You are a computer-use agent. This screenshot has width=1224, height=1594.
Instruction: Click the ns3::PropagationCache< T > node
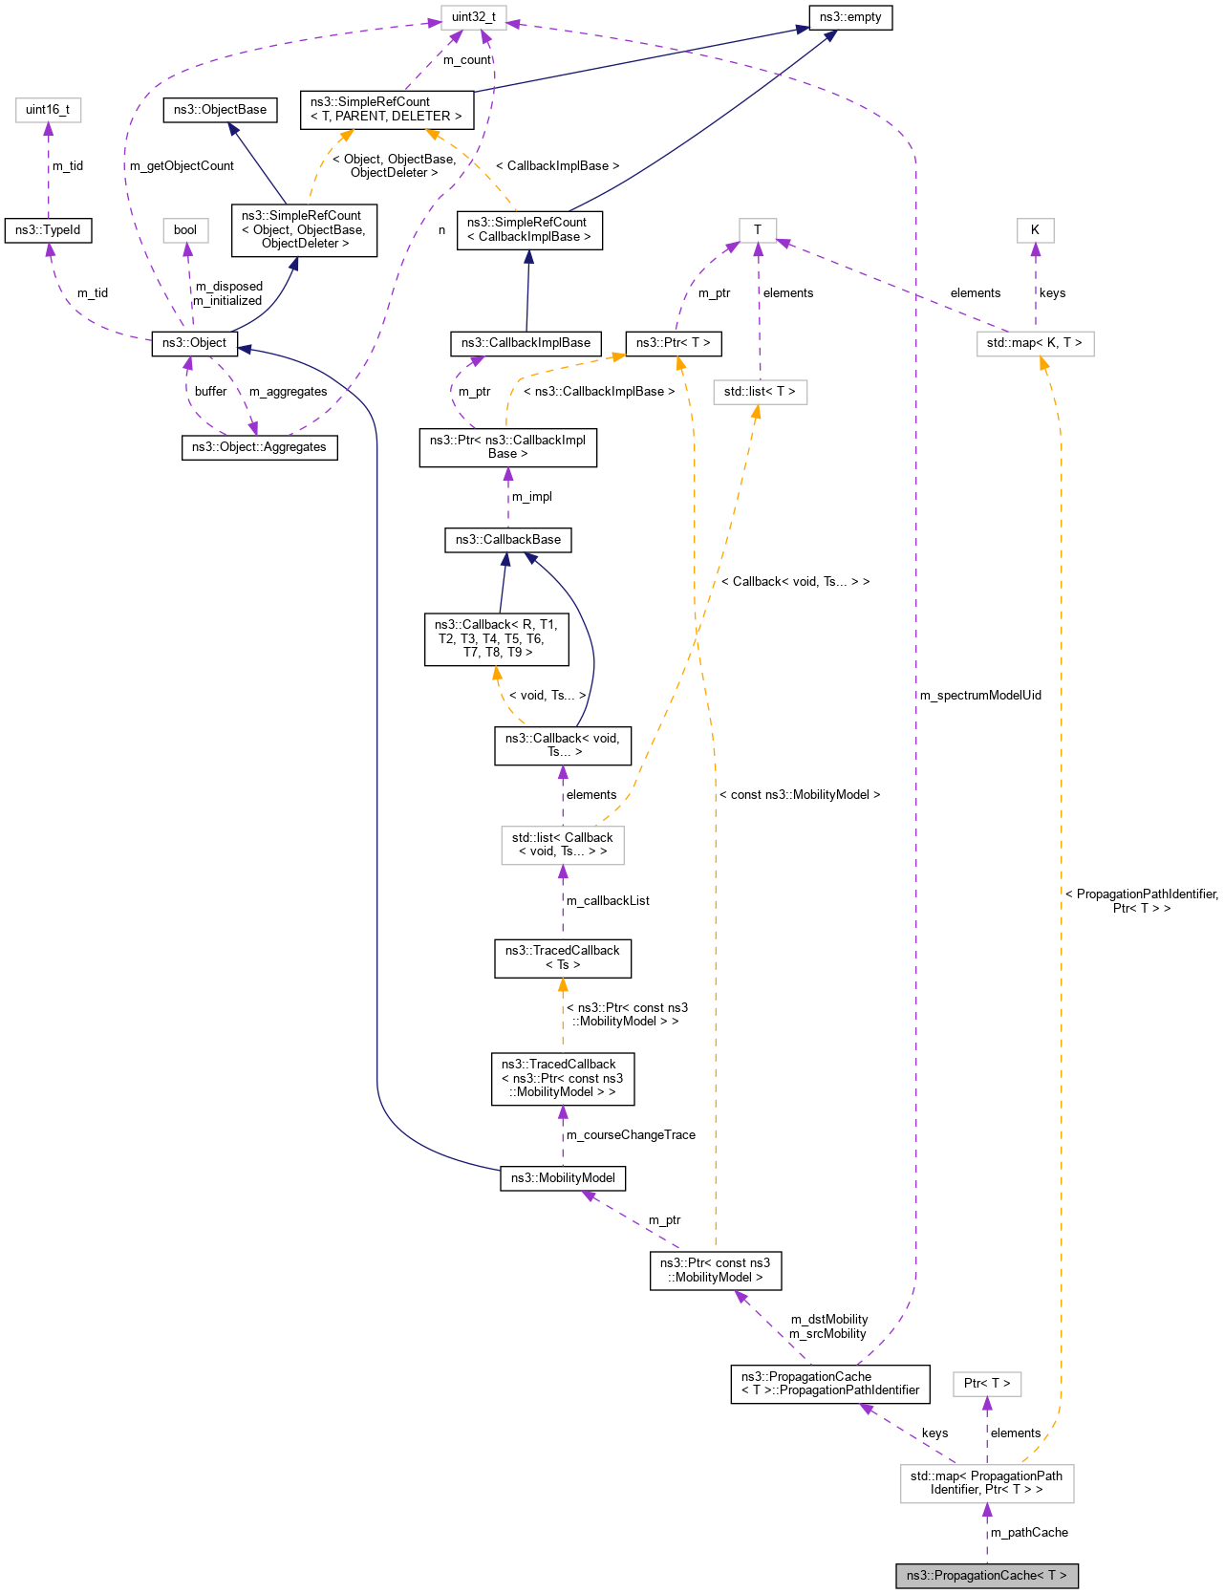986,1575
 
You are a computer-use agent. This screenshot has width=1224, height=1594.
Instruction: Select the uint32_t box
474,17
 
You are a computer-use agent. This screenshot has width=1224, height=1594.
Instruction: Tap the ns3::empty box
849,17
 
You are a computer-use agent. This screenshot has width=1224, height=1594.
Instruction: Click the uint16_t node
48,110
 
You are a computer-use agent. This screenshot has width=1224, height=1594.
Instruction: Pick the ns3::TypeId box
48,230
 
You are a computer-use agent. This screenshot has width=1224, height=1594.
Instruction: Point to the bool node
185,230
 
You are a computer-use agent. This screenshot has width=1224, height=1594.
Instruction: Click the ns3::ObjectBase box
220,110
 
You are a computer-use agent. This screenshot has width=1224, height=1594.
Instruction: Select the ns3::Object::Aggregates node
259,447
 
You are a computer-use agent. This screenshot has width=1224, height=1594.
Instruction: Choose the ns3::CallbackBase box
507,540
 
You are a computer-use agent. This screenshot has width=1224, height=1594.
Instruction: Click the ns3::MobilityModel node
563,1178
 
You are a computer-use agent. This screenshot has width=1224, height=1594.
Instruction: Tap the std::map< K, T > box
1035,343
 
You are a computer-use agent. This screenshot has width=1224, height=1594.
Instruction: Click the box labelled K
1035,230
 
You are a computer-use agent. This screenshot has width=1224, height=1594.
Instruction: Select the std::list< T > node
760,392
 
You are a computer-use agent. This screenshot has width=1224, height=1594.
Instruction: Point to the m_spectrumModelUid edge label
980,696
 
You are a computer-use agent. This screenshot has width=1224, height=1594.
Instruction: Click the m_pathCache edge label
1029,1533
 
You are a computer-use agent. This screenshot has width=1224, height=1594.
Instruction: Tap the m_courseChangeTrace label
631,1135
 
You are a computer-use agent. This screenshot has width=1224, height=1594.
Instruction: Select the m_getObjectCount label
182,166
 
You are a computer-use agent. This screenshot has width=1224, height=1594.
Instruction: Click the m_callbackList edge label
608,901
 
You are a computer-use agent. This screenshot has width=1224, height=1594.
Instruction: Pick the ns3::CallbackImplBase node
526,343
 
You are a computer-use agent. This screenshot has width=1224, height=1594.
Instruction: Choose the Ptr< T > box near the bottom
987,1384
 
